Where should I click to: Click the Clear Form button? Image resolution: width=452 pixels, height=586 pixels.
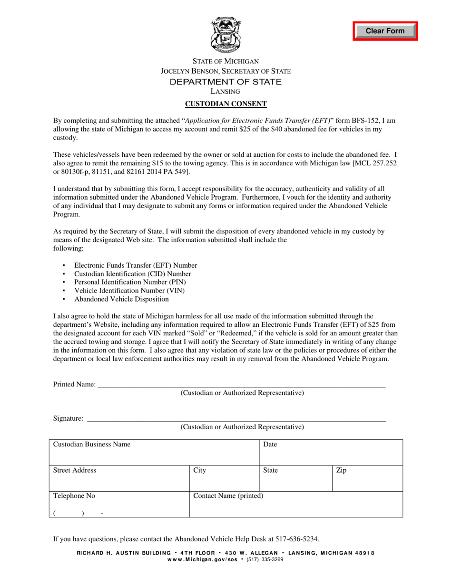[385, 31]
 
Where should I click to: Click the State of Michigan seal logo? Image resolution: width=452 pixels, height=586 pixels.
[226, 35]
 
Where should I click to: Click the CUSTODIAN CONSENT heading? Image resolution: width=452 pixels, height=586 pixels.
[226, 103]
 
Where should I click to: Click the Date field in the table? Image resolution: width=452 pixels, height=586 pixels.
[331, 453]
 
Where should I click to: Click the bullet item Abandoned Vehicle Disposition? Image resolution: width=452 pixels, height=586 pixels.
[121, 299]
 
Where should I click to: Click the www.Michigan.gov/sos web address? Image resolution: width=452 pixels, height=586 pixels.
[204, 560]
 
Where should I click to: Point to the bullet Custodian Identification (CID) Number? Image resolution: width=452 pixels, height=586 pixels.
[133, 274]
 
